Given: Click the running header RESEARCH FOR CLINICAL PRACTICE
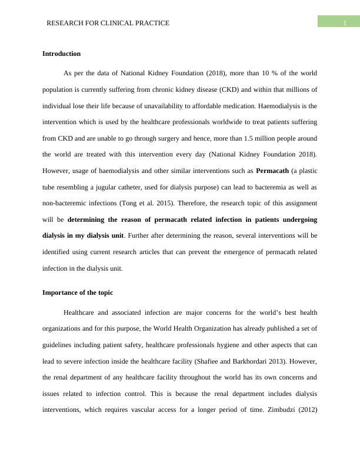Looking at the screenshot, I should pyautogui.click(x=108, y=23).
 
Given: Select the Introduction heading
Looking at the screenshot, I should pyautogui.click(x=61, y=54).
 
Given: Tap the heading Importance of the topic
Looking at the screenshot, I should pyautogui.click(x=78, y=292).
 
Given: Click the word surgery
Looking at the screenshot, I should pyautogui.click(x=174, y=138).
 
